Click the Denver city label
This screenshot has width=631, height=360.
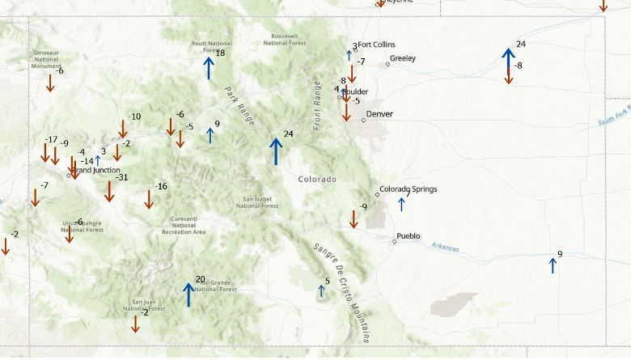379,114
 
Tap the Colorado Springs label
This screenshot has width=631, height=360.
408,189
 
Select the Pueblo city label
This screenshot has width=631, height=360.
409,237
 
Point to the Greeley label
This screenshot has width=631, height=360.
402,58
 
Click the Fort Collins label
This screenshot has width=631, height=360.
376,44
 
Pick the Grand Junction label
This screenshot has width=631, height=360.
95,170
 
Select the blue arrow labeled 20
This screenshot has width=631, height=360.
188,294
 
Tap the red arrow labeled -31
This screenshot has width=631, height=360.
109,191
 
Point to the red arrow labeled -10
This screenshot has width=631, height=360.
123,129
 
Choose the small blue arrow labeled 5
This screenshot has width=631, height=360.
321,290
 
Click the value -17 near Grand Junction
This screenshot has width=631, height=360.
52,140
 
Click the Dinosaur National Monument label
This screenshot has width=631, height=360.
46,59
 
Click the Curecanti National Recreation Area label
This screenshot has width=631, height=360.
184,225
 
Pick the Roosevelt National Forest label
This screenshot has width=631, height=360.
285,40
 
